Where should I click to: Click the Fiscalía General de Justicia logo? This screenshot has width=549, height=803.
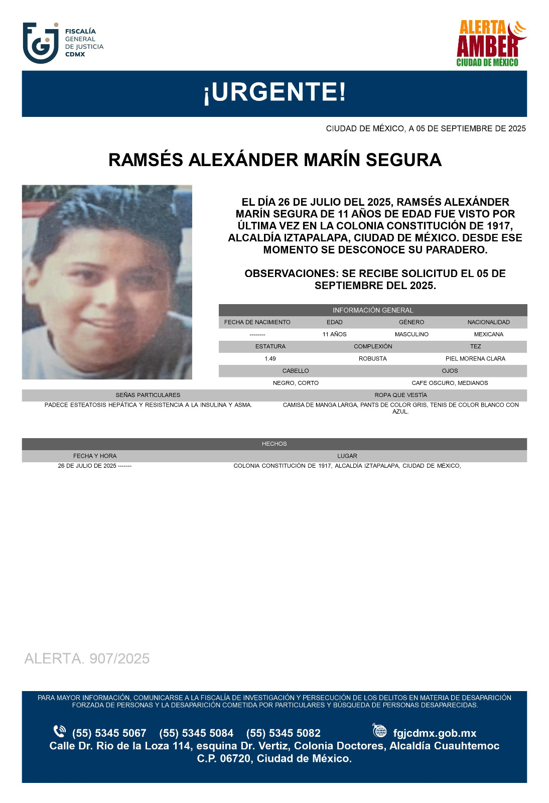63,43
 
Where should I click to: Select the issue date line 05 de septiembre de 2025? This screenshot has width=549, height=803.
426,128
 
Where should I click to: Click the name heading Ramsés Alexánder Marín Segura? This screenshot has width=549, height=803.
274,160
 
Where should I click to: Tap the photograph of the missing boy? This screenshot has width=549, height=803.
107,282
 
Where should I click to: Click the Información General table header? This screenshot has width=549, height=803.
372,310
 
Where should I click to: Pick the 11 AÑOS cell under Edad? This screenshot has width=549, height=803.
334,334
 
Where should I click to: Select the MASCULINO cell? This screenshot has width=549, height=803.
411,334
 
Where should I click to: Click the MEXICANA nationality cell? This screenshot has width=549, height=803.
488,334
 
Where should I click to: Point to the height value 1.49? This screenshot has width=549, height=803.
270,359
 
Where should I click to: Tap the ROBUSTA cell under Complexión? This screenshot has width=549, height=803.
372,359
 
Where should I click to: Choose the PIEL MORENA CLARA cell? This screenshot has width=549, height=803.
475,359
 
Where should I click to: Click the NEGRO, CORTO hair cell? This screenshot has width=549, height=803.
296,383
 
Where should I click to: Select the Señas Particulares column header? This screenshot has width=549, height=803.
148,395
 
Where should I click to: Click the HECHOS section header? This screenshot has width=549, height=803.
274,444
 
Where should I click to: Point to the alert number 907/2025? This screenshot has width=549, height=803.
87,658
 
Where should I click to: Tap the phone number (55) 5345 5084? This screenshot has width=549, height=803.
196,733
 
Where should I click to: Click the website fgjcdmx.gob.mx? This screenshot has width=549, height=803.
435,733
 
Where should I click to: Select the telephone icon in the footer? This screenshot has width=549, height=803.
59,731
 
